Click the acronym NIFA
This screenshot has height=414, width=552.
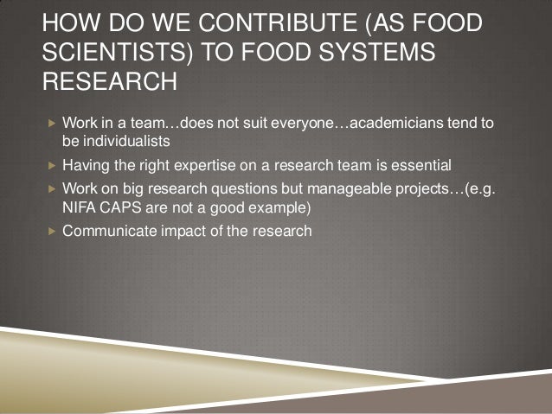(79, 207)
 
